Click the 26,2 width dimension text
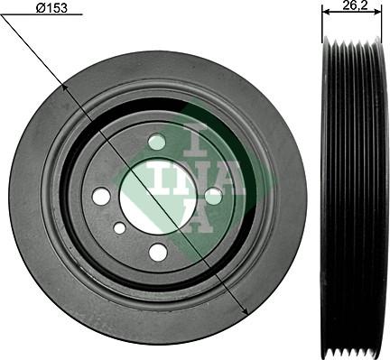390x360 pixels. pyautogui.click(x=354, y=5)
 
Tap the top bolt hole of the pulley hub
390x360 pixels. pyautogui.click(x=157, y=142)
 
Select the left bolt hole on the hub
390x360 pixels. pyautogui.click(x=101, y=196)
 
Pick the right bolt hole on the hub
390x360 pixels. pyautogui.click(x=213, y=195)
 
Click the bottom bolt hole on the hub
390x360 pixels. pyautogui.click(x=157, y=252)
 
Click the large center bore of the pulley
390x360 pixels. pyautogui.click(x=157, y=196)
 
